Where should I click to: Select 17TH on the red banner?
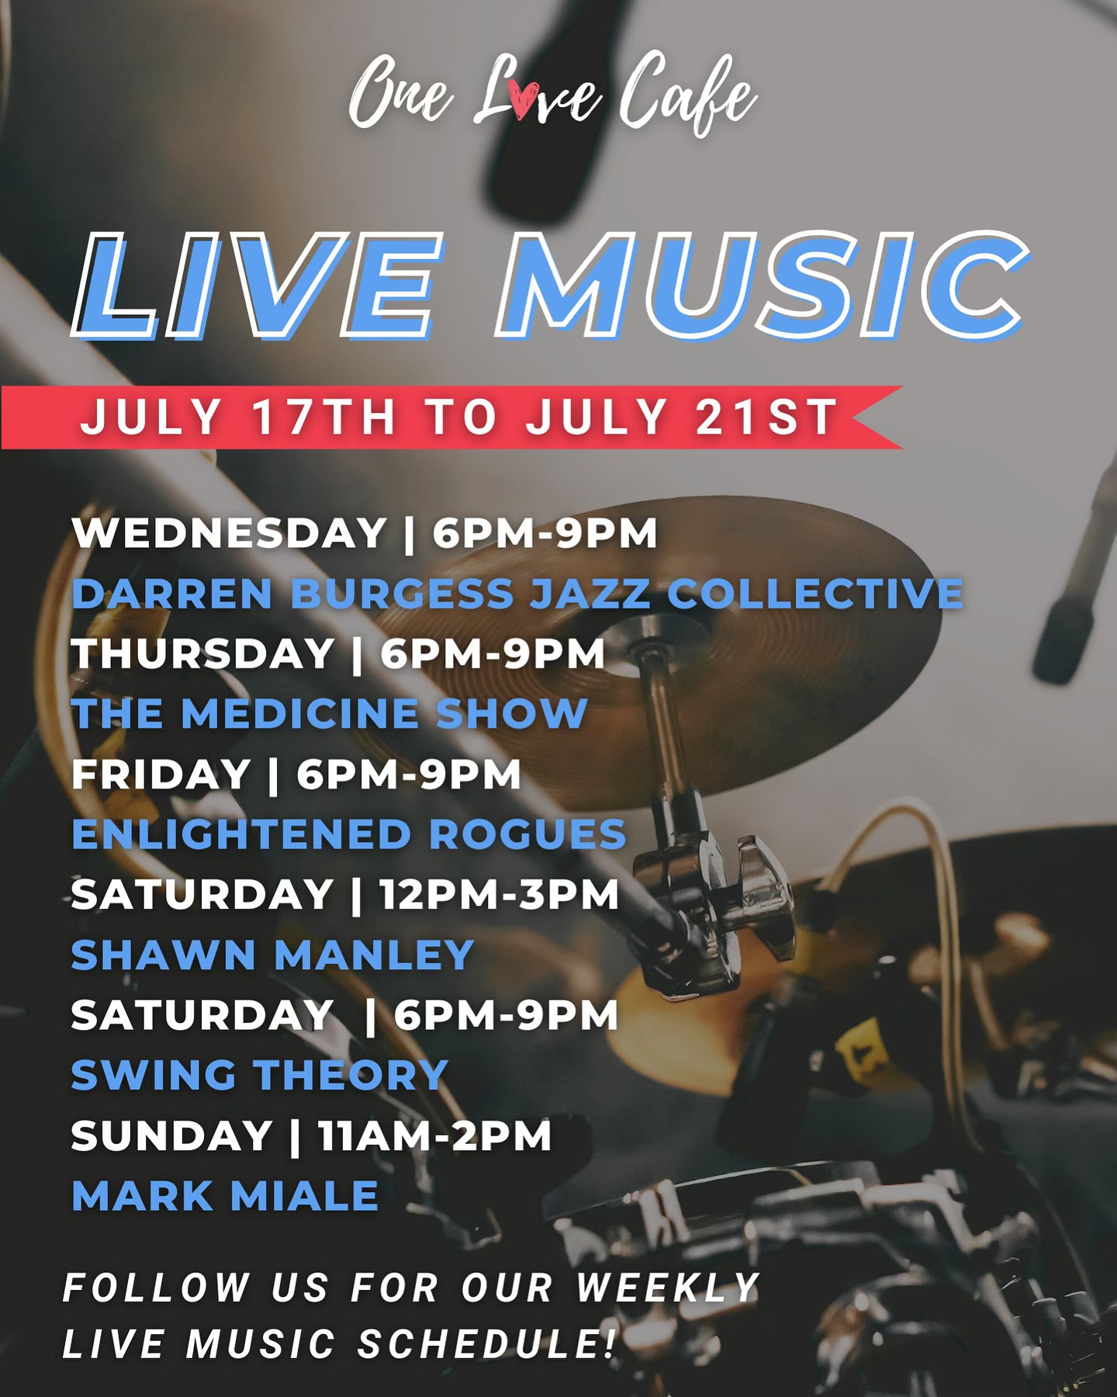[324, 417]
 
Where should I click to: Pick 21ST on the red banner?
[766, 417]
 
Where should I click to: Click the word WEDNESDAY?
[230, 533]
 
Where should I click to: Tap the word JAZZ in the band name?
[590, 594]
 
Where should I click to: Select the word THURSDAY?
[202, 653]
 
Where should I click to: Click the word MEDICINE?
[299, 714]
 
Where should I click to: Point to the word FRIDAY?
[161, 775]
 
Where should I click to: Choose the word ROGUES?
[527, 834]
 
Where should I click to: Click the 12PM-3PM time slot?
[500, 895]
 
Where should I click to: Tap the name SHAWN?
[164, 955]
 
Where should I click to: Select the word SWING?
[154, 1076]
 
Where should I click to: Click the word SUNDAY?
[171, 1136]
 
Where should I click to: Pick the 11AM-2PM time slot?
[435, 1136]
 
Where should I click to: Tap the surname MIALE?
[305, 1196]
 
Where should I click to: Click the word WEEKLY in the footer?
[668, 1288]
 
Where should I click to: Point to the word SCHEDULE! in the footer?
[487, 1344]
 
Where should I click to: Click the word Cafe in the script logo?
[687, 95]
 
